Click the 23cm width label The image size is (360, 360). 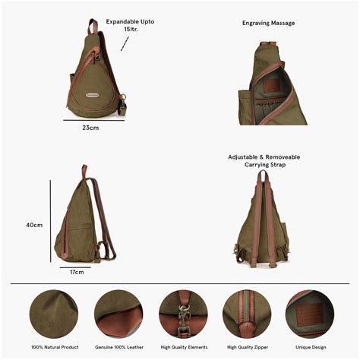click(x=90, y=128)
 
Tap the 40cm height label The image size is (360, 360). click(x=34, y=225)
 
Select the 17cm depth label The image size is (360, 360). click(x=77, y=272)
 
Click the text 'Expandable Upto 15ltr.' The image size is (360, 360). click(x=130, y=26)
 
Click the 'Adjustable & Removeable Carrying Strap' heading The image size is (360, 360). click(x=264, y=160)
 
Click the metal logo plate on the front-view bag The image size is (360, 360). click(x=95, y=95)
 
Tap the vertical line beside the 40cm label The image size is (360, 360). click(x=50, y=220)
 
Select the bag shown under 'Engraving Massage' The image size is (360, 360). click(x=276, y=84)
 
